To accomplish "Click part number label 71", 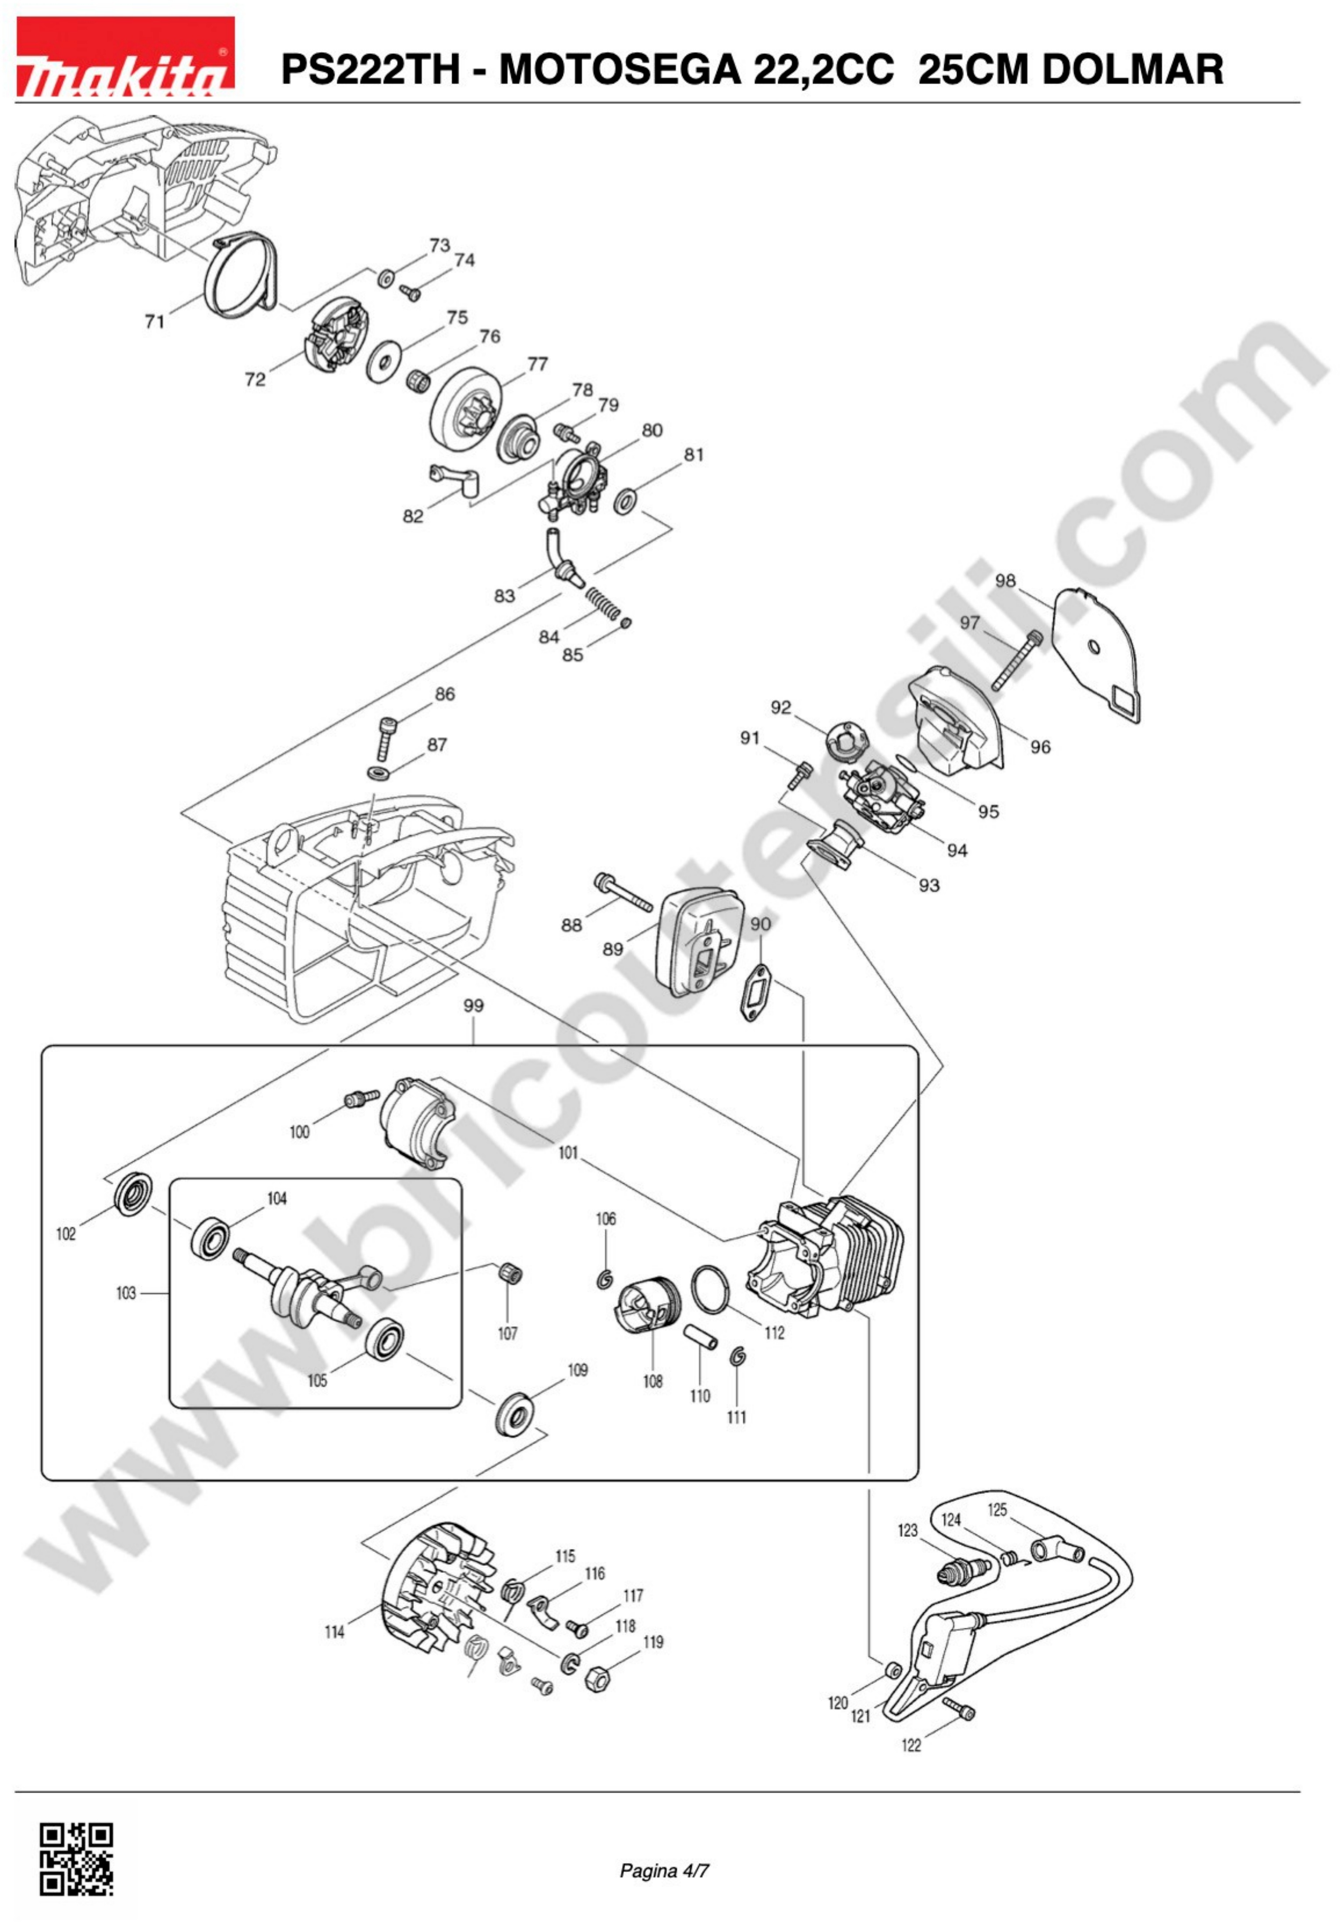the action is (155, 321).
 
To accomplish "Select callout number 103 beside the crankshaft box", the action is (126, 1293).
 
